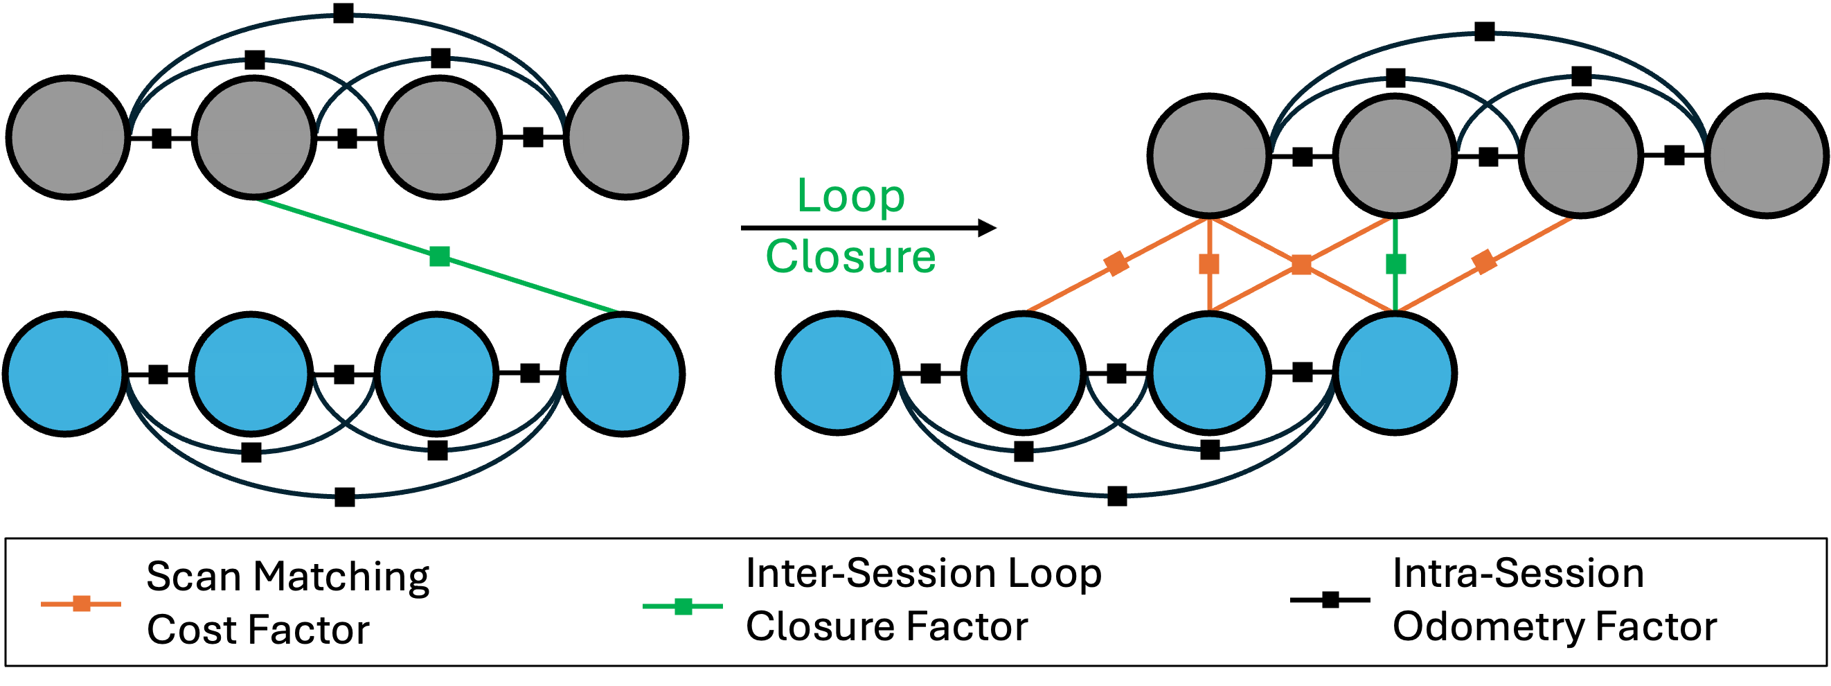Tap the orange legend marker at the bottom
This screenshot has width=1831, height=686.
click(x=82, y=604)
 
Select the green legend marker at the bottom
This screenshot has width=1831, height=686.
click(x=683, y=606)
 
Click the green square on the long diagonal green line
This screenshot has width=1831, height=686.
click(x=440, y=256)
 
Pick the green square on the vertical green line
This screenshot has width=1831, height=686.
click(x=1396, y=264)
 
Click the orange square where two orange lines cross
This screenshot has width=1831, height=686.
click(x=1301, y=265)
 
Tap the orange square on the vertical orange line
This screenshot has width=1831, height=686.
click(x=1209, y=264)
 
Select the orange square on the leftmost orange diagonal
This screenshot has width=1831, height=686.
click(x=1116, y=263)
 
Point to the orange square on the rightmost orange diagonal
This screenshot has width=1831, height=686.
click(x=1484, y=262)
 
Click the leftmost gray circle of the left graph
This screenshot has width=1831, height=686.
click(x=69, y=137)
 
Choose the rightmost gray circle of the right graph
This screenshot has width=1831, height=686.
click(x=1767, y=156)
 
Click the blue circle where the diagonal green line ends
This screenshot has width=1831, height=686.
click(x=623, y=374)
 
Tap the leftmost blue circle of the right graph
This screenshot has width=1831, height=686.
click(x=837, y=373)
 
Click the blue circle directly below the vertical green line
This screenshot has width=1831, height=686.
click(x=1395, y=373)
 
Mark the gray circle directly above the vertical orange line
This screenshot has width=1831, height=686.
click(x=1209, y=156)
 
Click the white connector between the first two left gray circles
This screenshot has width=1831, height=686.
click(x=161, y=142)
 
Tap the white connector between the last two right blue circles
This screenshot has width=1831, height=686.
click(x=1301, y=364)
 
